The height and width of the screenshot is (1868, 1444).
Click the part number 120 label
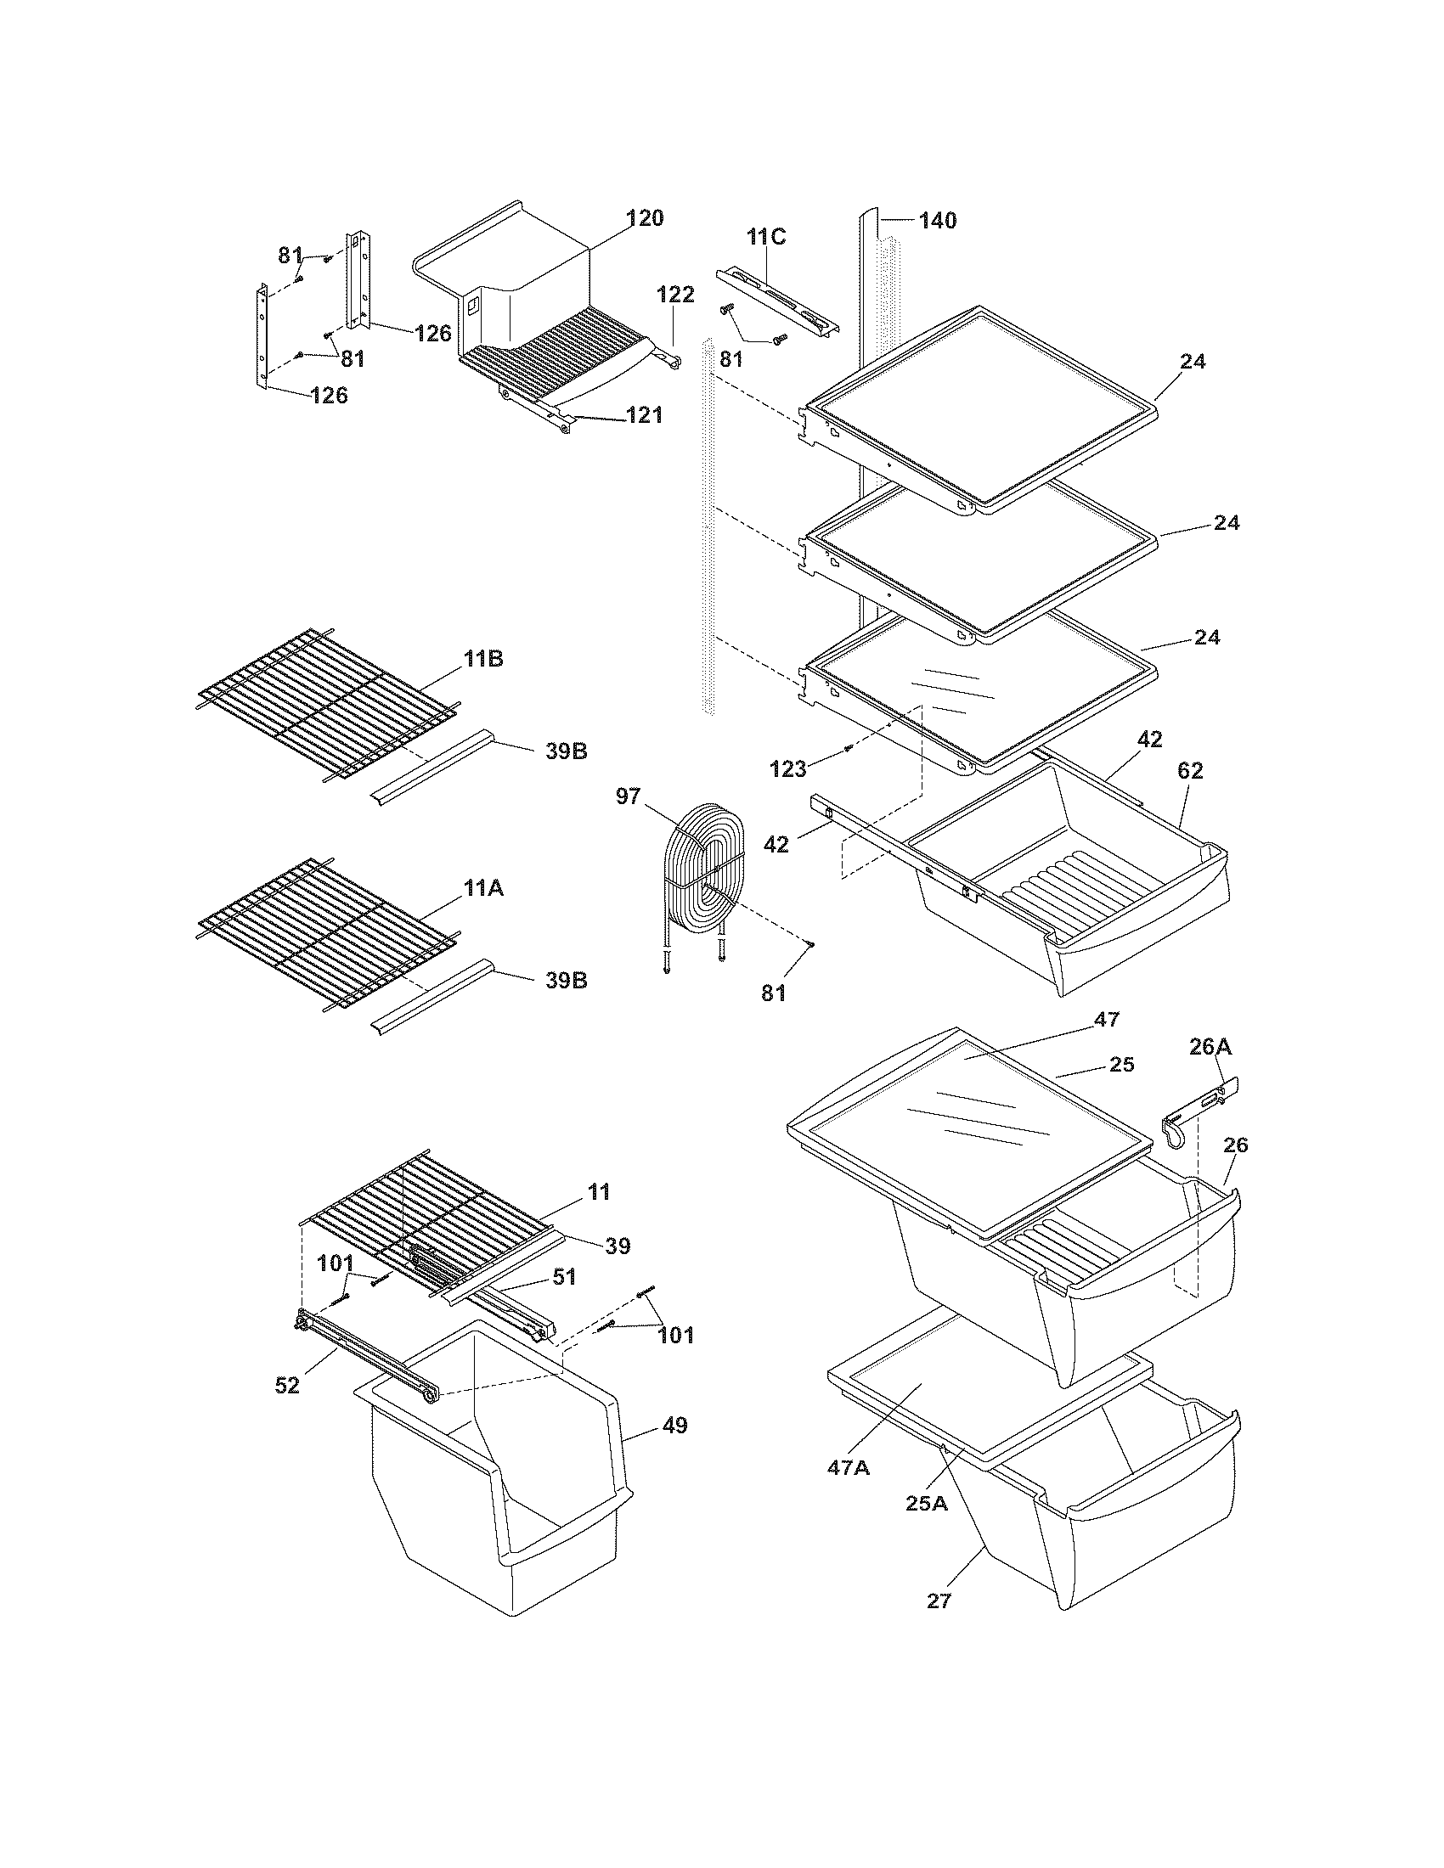(x=643, y=218)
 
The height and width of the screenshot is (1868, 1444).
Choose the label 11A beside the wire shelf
(x=483, y=890)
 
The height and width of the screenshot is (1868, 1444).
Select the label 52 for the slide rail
(x=287, y=1385)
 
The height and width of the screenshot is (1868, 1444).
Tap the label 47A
(x=848, y=1467)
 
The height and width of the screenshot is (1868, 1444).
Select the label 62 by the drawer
(x=1190, y=771)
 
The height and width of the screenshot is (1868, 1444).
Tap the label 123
(x=787, y=769)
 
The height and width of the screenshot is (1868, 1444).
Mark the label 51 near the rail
(x=563, y=1301)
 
